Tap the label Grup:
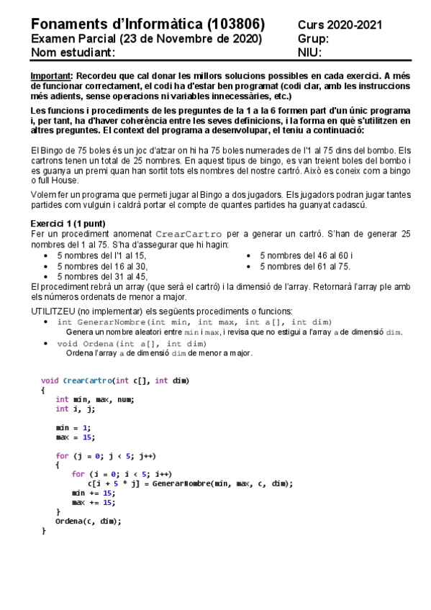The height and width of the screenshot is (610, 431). pyautogui.click(x=313, y=39)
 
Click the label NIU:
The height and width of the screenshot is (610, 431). pyautogui.click(x=309, y=53)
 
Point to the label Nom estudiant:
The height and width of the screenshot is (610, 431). pyautogui.click(x=73, y=53)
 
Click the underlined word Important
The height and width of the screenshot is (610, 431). pyautogui.click(x=51, y=76)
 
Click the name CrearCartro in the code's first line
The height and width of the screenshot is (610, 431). pyautogui.click(x=87, y=381)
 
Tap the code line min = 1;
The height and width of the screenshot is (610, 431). pyautogui.click(x=72, y=427)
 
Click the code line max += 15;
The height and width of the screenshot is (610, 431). pyautogui.click(x=94, y=502)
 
